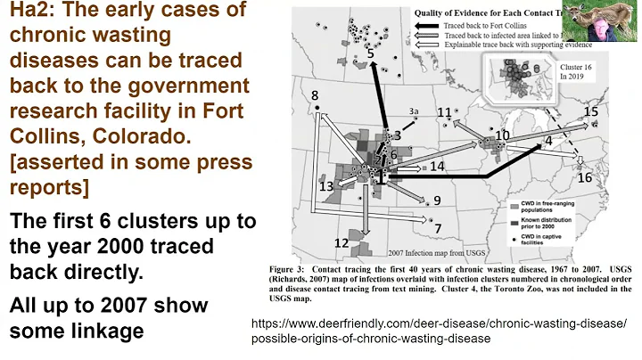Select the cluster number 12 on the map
[342, 241]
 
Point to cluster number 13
[326, 185]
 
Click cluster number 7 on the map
[438, 229]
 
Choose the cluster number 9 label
[437, 200]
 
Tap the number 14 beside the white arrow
[437, 167]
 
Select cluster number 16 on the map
[585, 177]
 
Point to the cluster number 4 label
[549, 141]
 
